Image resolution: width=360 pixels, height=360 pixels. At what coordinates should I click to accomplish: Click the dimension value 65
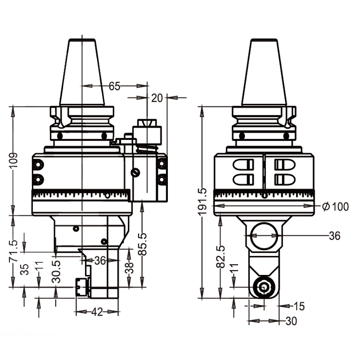115,86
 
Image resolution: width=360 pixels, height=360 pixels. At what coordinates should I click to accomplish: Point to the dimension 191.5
203,202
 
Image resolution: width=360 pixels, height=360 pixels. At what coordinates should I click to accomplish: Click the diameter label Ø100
335,207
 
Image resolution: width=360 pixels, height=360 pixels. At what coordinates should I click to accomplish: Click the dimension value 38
129,269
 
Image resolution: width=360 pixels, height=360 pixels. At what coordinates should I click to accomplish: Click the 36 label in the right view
334,236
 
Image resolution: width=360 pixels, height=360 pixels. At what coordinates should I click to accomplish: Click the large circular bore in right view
264,237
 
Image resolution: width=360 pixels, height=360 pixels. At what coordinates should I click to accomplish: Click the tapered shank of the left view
82,72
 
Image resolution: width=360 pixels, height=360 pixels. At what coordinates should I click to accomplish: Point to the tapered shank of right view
264,72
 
